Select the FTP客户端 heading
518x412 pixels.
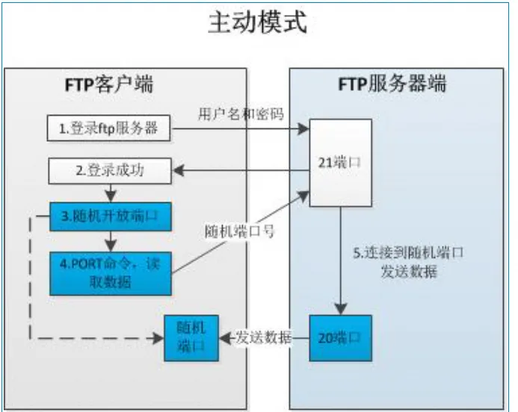(x=108, y=84)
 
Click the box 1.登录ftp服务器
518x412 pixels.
(x=108, y=128)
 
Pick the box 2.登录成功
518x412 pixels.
(x=110, y=170)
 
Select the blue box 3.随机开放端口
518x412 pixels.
(x=110, y=216)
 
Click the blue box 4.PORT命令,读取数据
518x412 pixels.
(x=110, y=272)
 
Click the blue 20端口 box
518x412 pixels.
(x=340, y=338)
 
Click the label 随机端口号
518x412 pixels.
(x=240, y=232)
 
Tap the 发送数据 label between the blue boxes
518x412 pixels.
(x=264, y=337)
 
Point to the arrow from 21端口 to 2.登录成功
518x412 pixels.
(x=239, y=171)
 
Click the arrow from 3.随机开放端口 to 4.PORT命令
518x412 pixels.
(x=110, y=240)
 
